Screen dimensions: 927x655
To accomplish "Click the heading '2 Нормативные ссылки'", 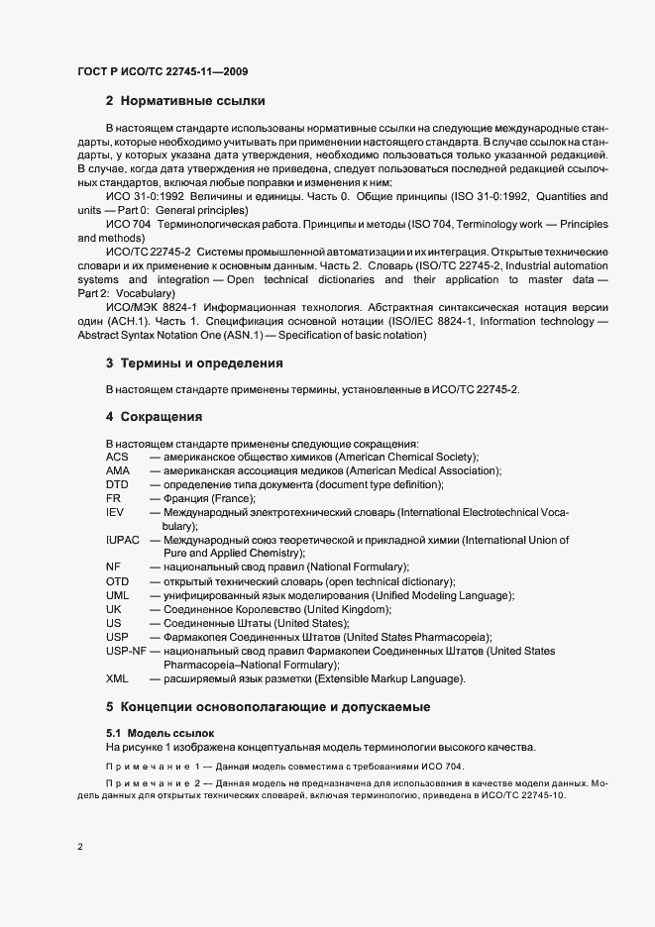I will [185, 101].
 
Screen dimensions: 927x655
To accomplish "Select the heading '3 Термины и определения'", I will [194, 363].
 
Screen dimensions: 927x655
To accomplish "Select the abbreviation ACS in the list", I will [117, 457].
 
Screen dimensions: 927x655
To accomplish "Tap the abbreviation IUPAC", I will [123, 540].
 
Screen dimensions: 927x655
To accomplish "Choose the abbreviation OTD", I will [117, 581].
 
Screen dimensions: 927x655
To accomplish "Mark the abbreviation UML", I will [117, 595].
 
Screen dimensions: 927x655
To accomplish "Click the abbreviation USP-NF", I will [126, 651].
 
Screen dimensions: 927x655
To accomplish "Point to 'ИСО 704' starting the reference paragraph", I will [128, 226].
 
